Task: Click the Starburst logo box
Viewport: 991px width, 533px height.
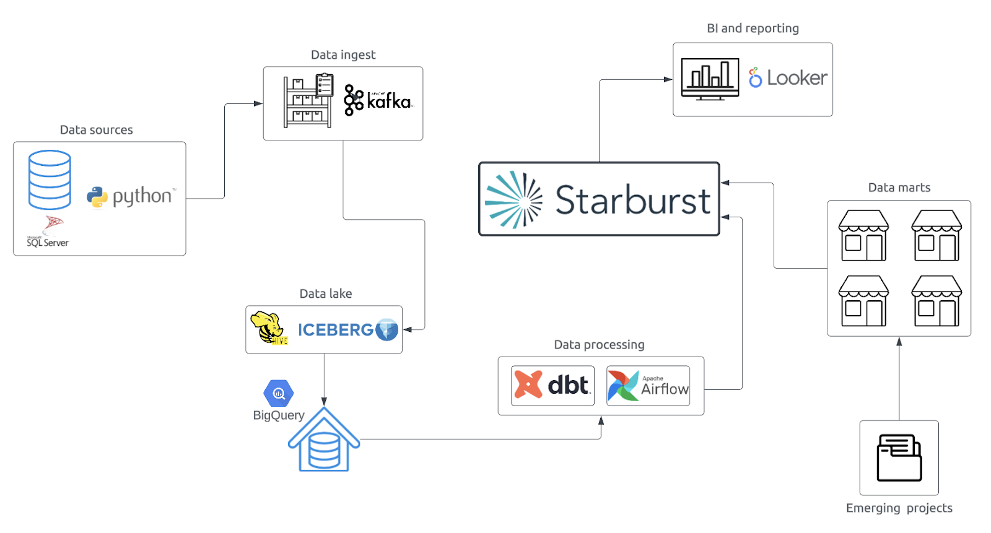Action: (x=599, y=199)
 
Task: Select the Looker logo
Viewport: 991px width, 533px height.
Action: (x=788, y=78)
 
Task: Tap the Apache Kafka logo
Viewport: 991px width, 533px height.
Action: (x=378, y=100)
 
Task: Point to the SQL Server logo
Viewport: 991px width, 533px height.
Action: (x=48, y=233)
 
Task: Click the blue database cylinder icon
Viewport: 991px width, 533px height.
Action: (x=50, y=180)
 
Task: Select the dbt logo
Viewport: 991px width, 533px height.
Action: (x=552, y=385)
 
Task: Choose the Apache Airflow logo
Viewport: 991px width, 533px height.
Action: (x=648, y=386)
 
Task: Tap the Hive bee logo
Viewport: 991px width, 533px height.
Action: (x=268, y=328)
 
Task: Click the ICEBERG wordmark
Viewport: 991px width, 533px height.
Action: (x=336, y=330)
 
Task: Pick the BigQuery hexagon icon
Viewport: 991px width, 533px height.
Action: (x=279, y=393)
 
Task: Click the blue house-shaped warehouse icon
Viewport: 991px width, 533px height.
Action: (x=324, y=440)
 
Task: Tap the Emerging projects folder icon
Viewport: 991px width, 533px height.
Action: (x=899, y=458)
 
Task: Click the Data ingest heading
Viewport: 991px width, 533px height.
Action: (x=343, y=55)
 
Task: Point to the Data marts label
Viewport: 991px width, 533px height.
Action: (x=899, y=188)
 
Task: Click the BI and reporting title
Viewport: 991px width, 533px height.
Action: (x=753, y=28)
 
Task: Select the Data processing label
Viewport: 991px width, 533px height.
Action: (x=599, y=345)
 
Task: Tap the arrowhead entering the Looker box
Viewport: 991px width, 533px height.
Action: (x=668, y=79)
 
